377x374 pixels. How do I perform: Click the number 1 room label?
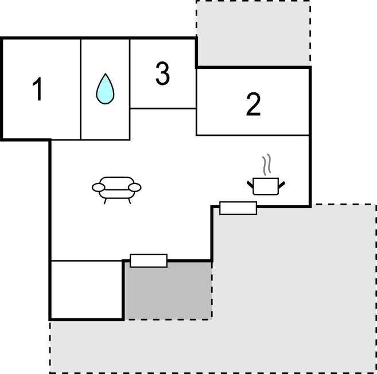[38, 89]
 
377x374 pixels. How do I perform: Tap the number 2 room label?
[254, 104]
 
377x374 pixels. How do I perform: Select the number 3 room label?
[162, 73]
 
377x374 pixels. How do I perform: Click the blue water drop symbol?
[106, 89]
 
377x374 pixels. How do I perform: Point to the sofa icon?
[116, 190]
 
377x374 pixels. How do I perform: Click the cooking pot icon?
[266, 186]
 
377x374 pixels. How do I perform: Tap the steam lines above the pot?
[267, 165]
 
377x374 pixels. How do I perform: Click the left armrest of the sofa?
[99, 188]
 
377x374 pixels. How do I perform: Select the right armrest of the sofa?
[135, 188]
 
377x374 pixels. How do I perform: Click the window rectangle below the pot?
[238, 208]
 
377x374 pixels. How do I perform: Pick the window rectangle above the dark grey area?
[149, 260]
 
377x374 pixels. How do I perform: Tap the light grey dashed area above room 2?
[254, 33]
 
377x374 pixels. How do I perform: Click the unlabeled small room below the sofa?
[87, 290]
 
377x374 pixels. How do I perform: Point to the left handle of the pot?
[250, 185]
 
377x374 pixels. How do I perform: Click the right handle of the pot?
[282, 185]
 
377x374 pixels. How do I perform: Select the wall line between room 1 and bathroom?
[81, 89]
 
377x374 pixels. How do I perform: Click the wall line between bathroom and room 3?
[130, 89]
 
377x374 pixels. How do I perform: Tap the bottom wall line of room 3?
[163, 108]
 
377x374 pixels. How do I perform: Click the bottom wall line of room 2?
[252, 135]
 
